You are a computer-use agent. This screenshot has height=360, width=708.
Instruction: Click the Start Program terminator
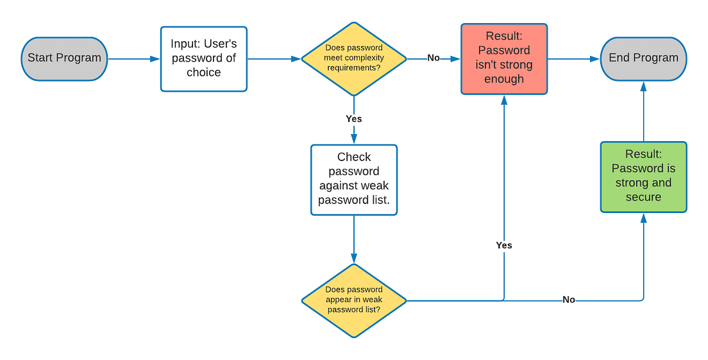64,58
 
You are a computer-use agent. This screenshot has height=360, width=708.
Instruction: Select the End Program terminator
643,58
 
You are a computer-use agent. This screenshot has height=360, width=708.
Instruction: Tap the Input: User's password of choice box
203,58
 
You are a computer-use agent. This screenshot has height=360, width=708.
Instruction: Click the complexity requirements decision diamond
353,58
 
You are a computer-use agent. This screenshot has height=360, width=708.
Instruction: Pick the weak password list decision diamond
353,300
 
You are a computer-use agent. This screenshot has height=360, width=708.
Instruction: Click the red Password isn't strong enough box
504,58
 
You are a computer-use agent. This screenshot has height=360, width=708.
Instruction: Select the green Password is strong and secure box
643,176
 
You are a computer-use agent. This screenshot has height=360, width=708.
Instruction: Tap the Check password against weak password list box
353,178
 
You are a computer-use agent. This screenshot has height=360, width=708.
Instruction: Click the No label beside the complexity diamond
434,58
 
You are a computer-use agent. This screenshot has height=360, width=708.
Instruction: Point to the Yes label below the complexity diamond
353,119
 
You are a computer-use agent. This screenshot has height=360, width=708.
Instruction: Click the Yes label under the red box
504,245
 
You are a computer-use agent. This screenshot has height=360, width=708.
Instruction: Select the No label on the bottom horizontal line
568,300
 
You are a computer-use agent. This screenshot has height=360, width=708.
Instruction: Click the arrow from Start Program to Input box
133,59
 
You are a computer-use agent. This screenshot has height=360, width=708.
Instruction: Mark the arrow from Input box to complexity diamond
274,59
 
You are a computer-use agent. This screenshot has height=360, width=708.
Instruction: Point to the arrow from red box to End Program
574,59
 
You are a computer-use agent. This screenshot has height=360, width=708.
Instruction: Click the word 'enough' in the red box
504,80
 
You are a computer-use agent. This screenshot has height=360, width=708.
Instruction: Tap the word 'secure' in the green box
643,197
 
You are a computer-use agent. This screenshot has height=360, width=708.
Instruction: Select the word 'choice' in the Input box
203,73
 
